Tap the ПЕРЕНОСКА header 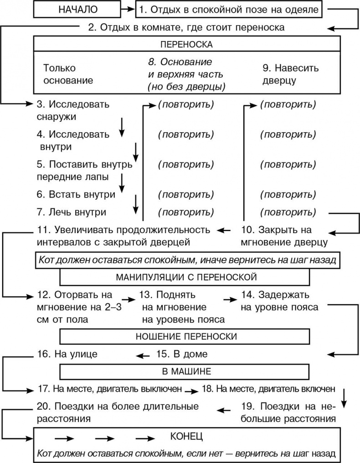pos(187,45)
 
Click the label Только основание pos(68,74)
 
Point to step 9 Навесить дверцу pos(290,74)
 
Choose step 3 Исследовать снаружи pos(73,110)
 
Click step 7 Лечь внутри pos(72,212)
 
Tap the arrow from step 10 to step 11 pos(226,229)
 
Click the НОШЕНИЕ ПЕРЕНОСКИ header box pos(187,337)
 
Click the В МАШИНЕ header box pos(187,370)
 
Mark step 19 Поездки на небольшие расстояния pos(288,412)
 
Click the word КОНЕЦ pos(186,437)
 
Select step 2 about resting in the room pos(186,27)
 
